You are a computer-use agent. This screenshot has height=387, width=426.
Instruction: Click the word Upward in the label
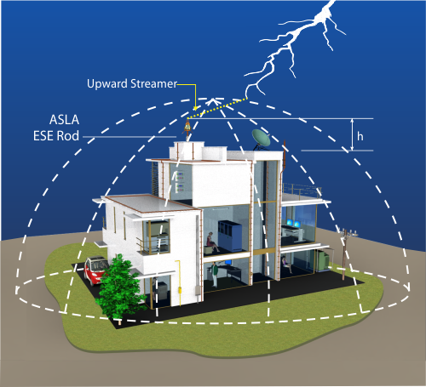pos(107,84)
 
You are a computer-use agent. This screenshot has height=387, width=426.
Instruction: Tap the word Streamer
pos(153,84)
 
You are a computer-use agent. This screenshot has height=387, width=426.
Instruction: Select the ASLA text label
pos(64,120)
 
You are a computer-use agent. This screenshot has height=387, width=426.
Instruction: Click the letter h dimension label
pos(360,136)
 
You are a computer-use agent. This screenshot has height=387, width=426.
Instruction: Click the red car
pos(95,270)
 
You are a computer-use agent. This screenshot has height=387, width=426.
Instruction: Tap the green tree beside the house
pos(119,287)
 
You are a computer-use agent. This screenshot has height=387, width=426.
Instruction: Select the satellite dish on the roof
pos(262,138)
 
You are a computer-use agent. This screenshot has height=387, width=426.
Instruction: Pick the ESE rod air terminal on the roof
pos(187,129)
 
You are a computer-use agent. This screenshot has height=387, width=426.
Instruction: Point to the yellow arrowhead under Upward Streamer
pos(195,108)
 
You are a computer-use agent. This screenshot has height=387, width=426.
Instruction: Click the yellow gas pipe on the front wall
pos(179,282)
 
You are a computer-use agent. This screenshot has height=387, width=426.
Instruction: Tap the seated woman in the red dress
pos(212,242)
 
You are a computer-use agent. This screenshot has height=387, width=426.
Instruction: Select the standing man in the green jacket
pos(215,274)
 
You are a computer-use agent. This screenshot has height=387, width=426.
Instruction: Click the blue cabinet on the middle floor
pos(230,236)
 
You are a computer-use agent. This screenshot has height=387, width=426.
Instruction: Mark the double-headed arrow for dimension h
pos(352,134)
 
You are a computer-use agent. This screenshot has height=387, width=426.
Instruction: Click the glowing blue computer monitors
pos(293,223)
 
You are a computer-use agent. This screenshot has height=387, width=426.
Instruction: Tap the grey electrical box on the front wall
pos(197,290)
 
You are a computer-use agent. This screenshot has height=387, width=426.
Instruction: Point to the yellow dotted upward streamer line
pos(217,109)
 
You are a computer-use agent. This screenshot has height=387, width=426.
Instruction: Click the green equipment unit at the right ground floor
pos(323,260)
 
